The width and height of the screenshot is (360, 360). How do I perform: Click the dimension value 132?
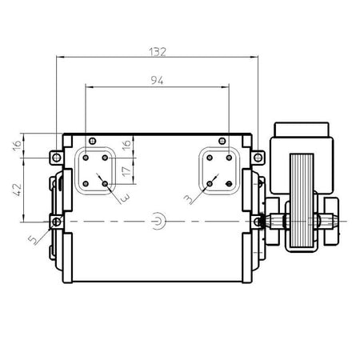(x=158, y=52)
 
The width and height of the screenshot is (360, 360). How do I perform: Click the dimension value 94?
(x=157, y=80)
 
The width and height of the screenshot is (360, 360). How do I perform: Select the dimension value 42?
(x=18, y=190)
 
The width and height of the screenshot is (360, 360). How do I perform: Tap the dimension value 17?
(x=126, y=171)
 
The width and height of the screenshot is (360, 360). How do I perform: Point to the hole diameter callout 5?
(x=33, y=239)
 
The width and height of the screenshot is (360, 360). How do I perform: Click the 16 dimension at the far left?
(x=17, y=145)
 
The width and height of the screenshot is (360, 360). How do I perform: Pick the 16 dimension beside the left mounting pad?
(x=126, y=144)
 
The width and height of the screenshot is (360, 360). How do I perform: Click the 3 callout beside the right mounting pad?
(x=189, y=199)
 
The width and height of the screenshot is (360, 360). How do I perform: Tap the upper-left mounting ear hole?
(x=57, y=158)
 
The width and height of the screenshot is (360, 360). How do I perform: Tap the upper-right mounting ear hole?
(x=258, y=158)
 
